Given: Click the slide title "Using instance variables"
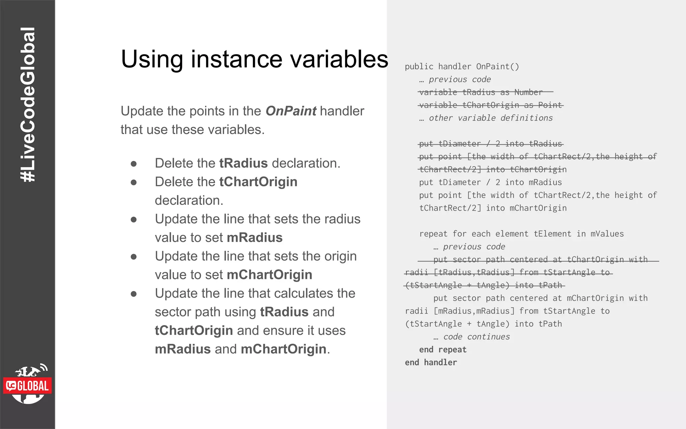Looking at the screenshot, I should (255, 59).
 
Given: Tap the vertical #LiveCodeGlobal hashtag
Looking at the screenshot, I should (27, 105).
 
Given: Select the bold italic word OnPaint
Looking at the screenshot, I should (291, 111).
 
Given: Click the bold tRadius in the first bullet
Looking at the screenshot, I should (244, 163).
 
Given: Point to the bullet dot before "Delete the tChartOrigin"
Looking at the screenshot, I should (134, 182).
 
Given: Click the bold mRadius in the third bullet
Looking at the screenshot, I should (255, 238).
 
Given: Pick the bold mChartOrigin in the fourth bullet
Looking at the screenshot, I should (269, 275).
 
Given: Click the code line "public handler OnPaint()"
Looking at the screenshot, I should (462, 67).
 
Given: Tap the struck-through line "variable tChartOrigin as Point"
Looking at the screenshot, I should (491, 105).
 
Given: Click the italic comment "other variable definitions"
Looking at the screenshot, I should (491, 118).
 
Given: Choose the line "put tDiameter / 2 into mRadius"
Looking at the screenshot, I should (490, 182).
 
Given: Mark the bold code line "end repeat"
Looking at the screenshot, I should (442, 350).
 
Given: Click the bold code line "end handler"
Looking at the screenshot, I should (431, 363).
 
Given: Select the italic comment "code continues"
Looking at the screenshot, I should (476, 337).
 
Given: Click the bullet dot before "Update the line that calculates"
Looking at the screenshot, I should (134, 294).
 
